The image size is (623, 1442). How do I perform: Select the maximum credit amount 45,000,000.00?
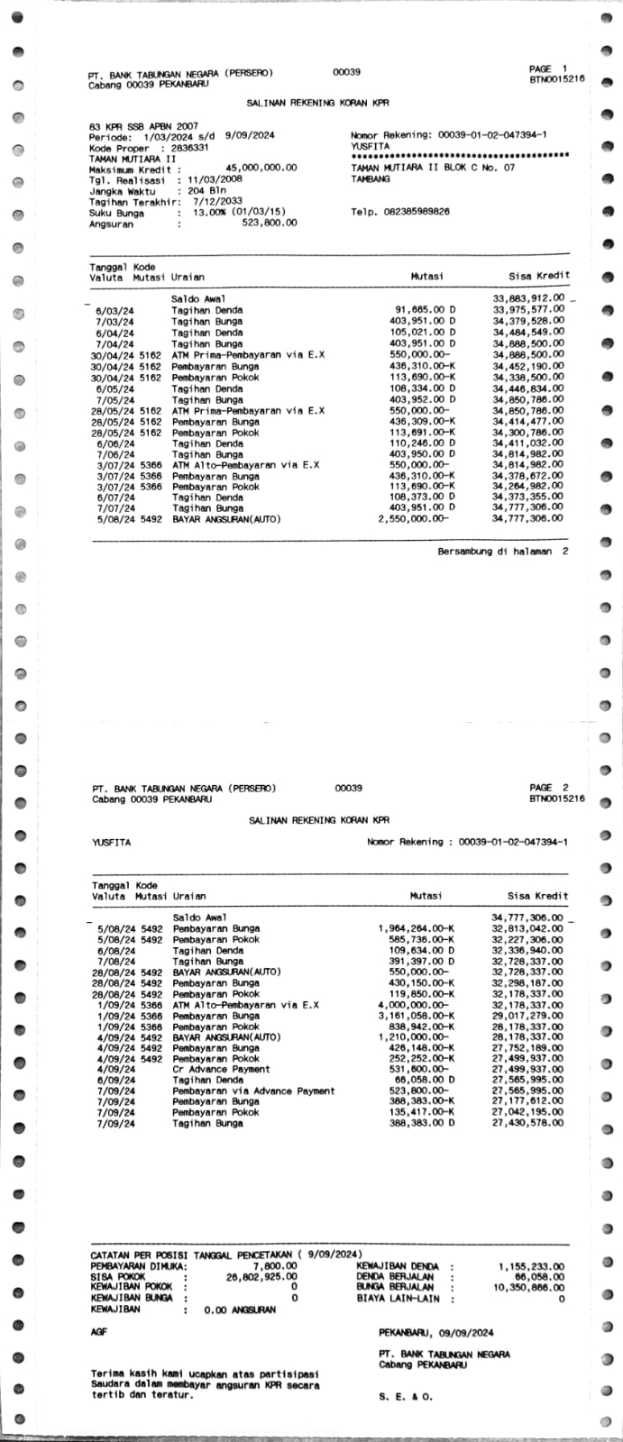(261, 168)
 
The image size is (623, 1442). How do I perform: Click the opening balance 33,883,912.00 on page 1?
(528, 298)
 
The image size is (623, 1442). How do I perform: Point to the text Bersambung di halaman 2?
(503, 552)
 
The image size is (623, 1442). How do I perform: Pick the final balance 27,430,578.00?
(528, 1123)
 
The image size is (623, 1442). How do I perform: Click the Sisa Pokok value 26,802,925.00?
(261, 1277)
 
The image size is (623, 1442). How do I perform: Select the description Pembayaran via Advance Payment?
(253, 1091)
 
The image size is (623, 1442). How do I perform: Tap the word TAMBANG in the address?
(371, 179)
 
